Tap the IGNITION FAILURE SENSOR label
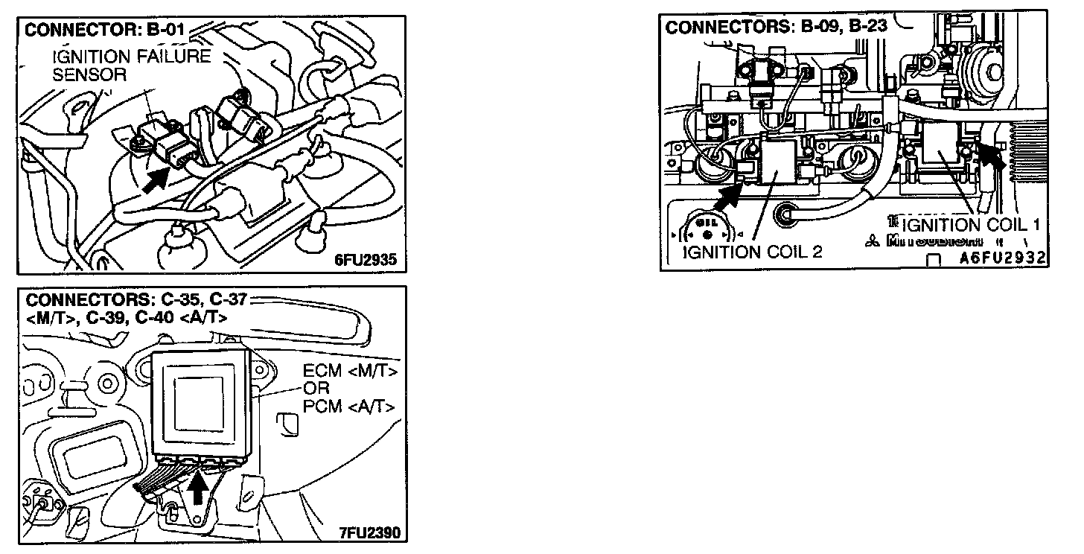click(131, 65)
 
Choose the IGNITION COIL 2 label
click(753, 251)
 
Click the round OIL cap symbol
click(707, 231)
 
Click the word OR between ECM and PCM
click(316, 388)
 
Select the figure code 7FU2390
click(370, 532)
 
